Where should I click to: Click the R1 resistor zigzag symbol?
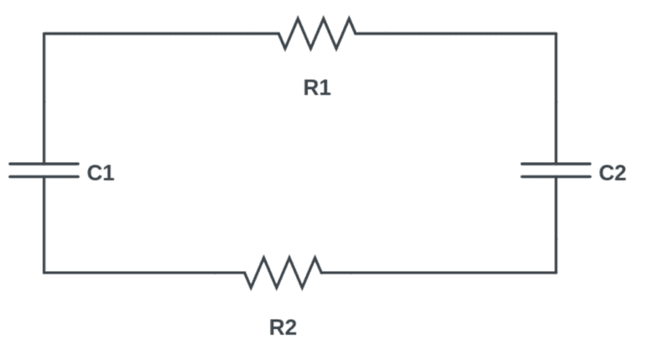click(317, 33)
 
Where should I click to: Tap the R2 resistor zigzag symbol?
click(283, 272)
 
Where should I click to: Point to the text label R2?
click(283, 327)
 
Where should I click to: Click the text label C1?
click(100, 174)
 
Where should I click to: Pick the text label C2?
click(612, 174)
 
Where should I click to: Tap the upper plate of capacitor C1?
click(44, 164)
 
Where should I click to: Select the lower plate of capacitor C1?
click(44, 176)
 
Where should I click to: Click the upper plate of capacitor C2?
click(555, 164)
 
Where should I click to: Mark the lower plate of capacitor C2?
click(555, 176)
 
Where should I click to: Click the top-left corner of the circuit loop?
click(44, 34)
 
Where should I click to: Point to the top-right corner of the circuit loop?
click(555, 34)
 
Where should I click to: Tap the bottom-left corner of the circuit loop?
click(44, 272)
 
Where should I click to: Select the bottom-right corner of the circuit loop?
click(555, 272)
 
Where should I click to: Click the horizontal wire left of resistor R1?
click(159, 34)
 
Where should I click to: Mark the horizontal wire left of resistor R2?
click(143, 272)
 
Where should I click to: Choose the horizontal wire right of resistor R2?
click(436, 272)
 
